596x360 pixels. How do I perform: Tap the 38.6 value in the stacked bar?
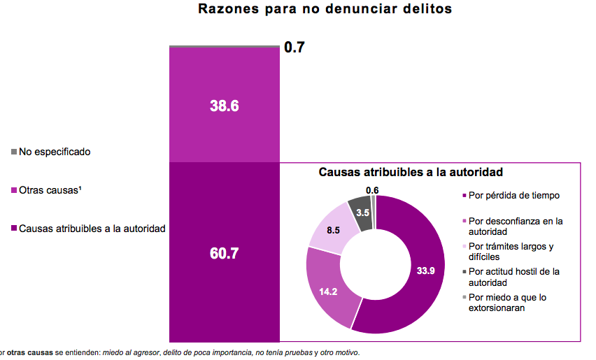pos(225,106)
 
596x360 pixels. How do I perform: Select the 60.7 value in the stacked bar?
pos(225,254)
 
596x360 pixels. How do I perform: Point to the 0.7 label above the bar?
pos(294,48)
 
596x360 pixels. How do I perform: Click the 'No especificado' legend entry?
pos(55,151)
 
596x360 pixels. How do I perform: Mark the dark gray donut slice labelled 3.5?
pos(362,212)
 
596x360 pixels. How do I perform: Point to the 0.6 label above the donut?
pos(372,190)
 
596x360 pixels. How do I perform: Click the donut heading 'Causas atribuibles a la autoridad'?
pos(411,171)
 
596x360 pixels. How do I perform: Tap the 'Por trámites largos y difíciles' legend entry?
pos(511,251)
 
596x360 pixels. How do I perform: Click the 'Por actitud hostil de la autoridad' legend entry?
pos(515,276)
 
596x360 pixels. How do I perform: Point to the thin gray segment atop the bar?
pos(225,46)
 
